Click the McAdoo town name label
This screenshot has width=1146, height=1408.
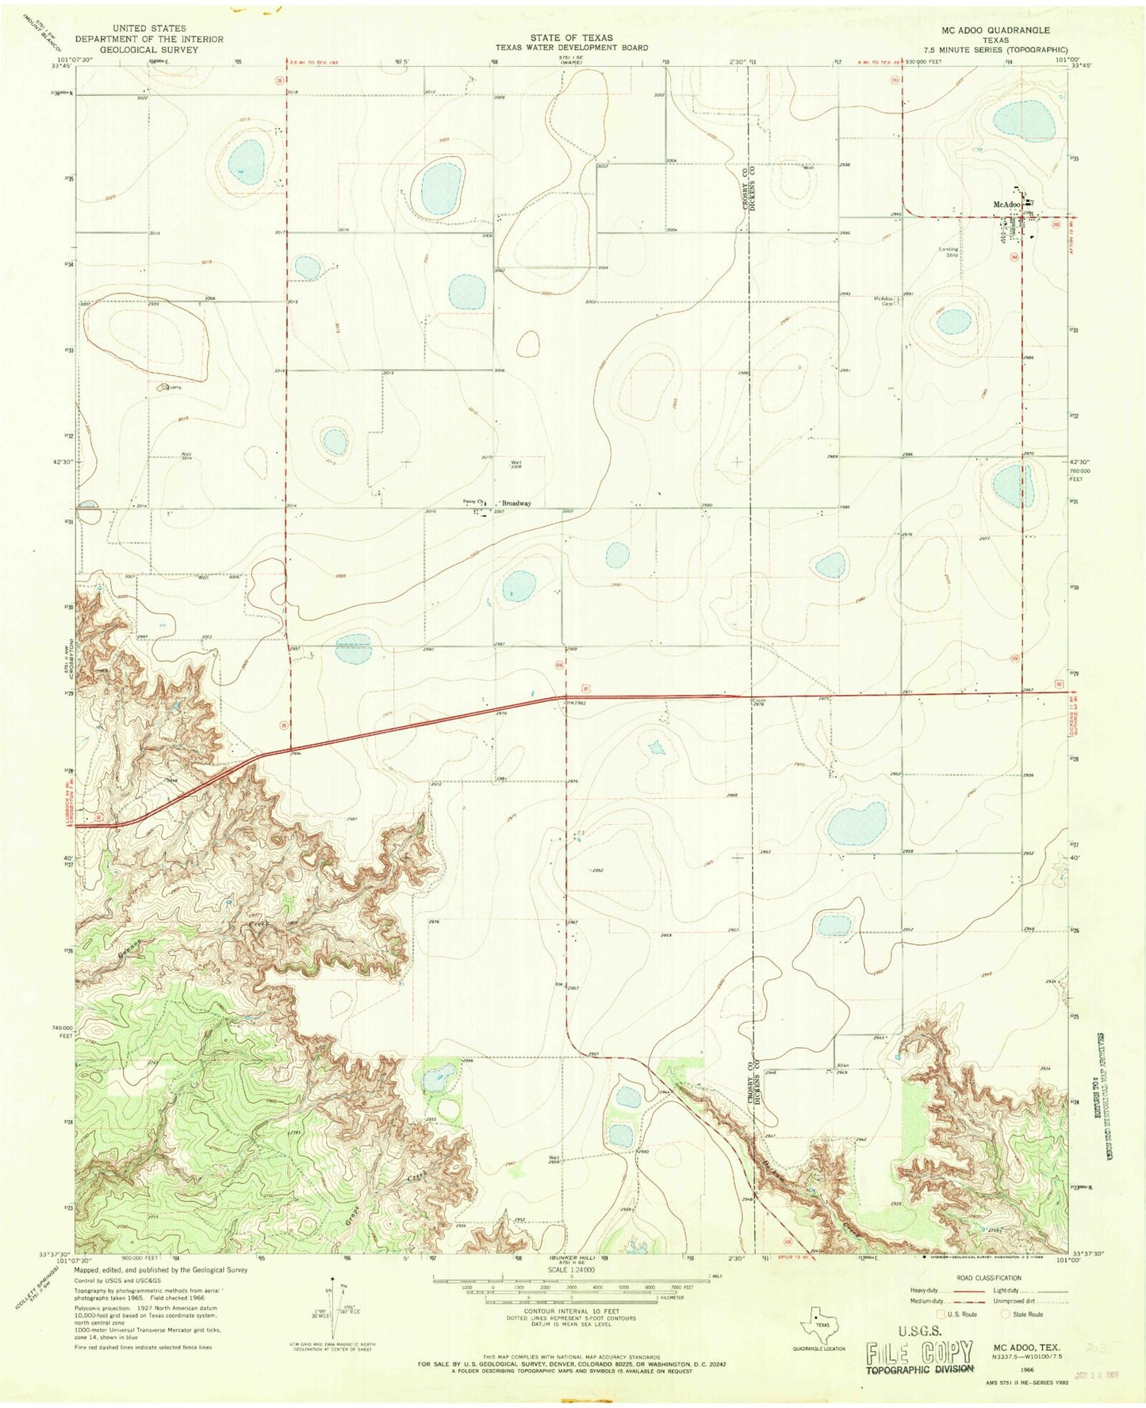pyautogui.click(x=1006, y=205)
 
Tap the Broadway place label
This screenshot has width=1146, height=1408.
pyautogui.click(x=516, y=504)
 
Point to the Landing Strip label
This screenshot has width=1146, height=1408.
pyautogui.click(x=949, y=252)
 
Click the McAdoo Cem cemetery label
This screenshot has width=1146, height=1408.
pyautogui.click(x=883, y=301)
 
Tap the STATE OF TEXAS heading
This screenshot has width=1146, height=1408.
pyautogui.click(x=572, y=37)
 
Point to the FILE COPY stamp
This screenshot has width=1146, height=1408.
pyautogui.click(x=919, y=1351)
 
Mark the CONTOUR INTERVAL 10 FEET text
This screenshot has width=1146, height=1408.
pyautogui.click(x=571, y=1312)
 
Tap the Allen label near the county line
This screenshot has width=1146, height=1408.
pyautogui.click(x=843, y=1065)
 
